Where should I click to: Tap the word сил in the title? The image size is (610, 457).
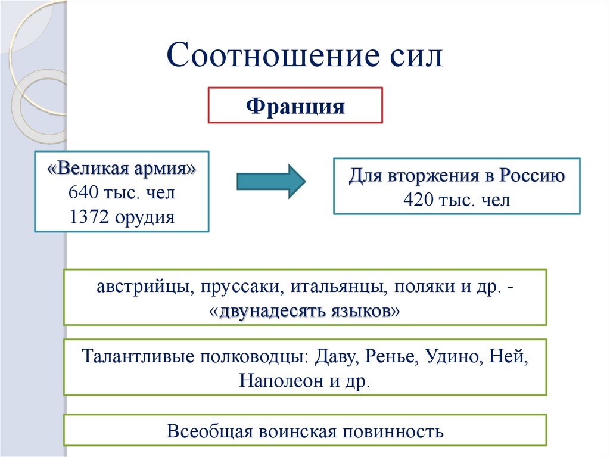point(415,57)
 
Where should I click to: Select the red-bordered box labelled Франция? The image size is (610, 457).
point(295,106)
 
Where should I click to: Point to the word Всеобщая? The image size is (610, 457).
point(208,431)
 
